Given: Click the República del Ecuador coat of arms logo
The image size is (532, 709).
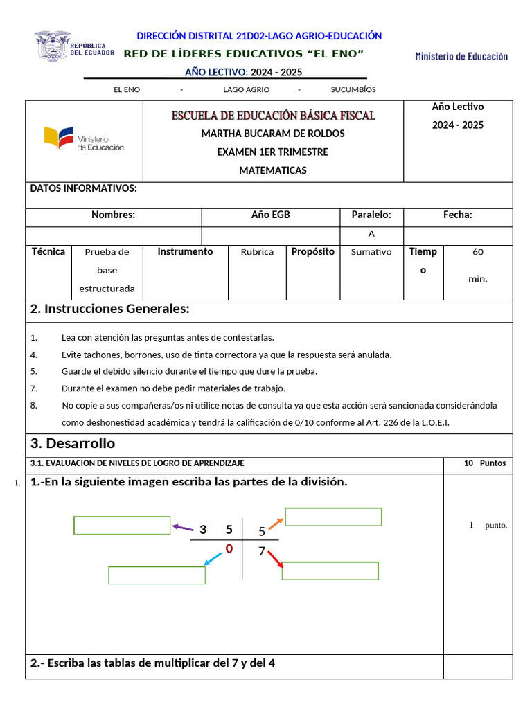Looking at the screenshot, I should (x=53, y=46).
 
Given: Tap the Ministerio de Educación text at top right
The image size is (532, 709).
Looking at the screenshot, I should (x=461, y=56).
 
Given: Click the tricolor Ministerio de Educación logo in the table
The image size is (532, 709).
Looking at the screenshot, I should (x=84, y=138).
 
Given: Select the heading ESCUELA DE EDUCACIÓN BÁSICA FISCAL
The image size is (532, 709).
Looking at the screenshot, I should (x=273, y=115).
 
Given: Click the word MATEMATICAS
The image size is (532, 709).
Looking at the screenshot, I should (x=273, y=170).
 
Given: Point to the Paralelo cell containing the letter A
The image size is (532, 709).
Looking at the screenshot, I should (x=371, y=234).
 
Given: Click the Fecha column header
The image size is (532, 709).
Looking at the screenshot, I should (x=458, y=215).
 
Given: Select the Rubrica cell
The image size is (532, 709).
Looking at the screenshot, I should (x=257, y=252).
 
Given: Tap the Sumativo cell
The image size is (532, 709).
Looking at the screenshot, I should (x=371, y=252).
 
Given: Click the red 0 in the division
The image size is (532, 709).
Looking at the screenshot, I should (x=228, y=549).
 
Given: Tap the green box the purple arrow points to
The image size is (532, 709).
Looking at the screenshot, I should (x=122, y=526).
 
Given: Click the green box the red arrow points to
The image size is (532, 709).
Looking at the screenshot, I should (x=330, y=571).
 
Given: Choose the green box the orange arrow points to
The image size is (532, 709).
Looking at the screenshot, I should (x=333, y=517).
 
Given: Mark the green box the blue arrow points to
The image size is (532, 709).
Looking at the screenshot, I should (x=157, y=575).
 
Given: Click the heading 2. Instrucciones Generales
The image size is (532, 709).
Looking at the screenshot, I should (x=110, y=309).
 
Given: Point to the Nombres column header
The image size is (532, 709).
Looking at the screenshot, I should (x=113, y=215).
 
